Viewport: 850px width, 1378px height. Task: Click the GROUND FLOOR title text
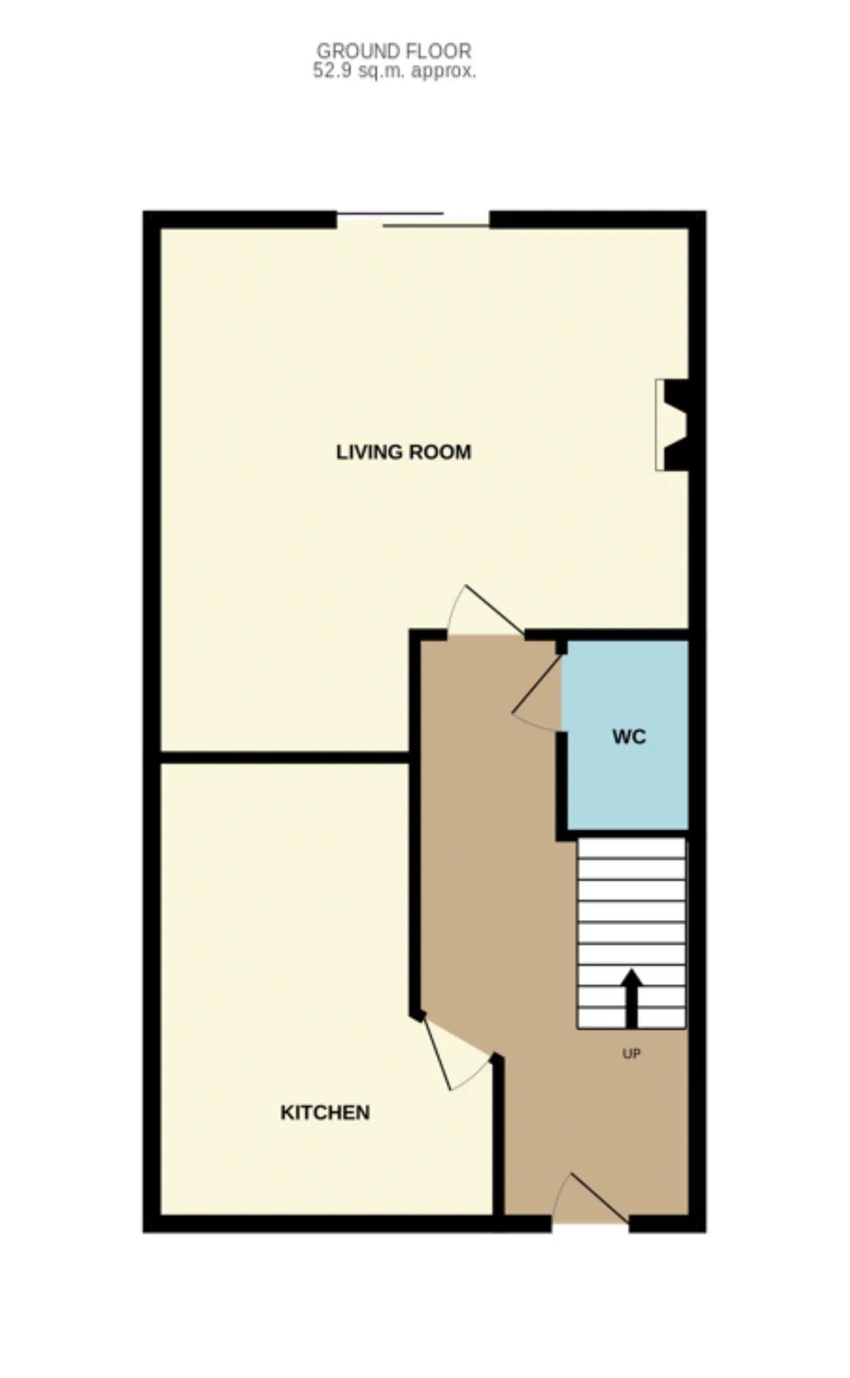tap(394, 50)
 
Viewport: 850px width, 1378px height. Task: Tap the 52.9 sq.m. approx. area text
tap(394, 71)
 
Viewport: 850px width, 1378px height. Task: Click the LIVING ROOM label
tap(404, 452)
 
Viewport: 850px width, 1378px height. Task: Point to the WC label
tap(629, 737)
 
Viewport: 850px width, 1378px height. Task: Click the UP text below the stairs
tap(632, 1053)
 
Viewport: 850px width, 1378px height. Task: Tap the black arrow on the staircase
tap(632, 999)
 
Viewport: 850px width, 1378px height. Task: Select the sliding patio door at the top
tap(413, 220)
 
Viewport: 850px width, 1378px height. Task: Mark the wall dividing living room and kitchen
tap(285, 757)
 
